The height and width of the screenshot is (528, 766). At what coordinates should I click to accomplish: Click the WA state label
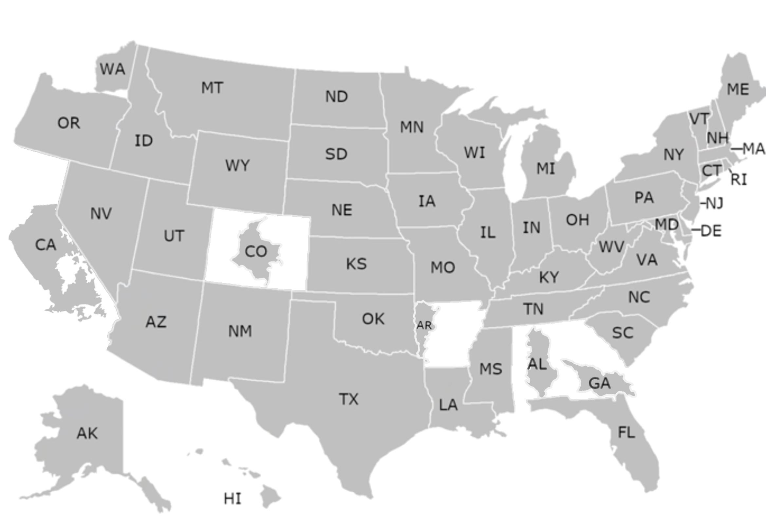[x=113, y=69]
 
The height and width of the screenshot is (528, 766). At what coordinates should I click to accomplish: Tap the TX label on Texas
[x=349, y=399]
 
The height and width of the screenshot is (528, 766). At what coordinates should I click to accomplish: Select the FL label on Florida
[x=626, y=432]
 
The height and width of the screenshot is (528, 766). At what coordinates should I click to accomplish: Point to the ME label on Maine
[x=738, y=89]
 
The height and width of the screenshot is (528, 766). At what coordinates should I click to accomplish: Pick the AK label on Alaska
[x=87, y=433]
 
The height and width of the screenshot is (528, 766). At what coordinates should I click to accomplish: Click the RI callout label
[x=739, y=180]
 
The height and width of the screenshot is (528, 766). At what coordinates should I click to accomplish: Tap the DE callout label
[x=711, y=230]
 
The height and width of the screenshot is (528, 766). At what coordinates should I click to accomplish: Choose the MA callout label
[x=754, y=149]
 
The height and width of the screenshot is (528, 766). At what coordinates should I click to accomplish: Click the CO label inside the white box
[x=256, y=252]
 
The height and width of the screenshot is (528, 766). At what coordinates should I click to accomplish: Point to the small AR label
[x=424, y=325]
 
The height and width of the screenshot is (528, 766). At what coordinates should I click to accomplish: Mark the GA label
[x=600, y=383]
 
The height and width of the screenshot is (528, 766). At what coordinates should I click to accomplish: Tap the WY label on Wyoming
[x=237, y=165]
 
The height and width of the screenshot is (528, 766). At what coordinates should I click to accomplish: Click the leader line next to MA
[x=737, y=149]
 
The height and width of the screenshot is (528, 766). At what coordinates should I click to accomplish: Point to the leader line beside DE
[x=696, y=229]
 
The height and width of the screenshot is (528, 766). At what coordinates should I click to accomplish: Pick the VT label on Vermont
[x=699, y=119]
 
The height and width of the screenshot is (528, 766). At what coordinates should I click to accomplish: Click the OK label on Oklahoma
[x=373, y=319]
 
